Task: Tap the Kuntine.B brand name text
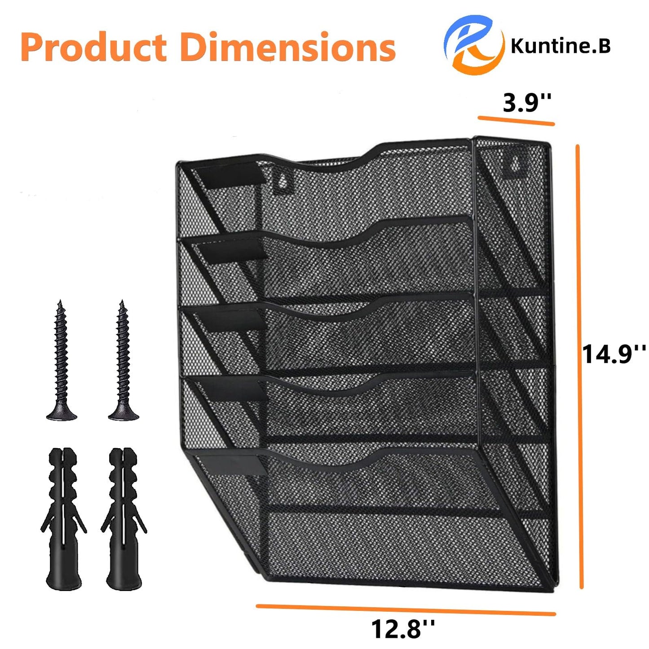(560, 46)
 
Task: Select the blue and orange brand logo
(472, 44)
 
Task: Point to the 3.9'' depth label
(526, 103)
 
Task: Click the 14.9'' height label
(614, 354)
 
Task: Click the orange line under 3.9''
(516, 121)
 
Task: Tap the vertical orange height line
(579, 366)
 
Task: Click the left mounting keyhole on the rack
(282, 181)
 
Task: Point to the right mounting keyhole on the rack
(516, 165)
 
